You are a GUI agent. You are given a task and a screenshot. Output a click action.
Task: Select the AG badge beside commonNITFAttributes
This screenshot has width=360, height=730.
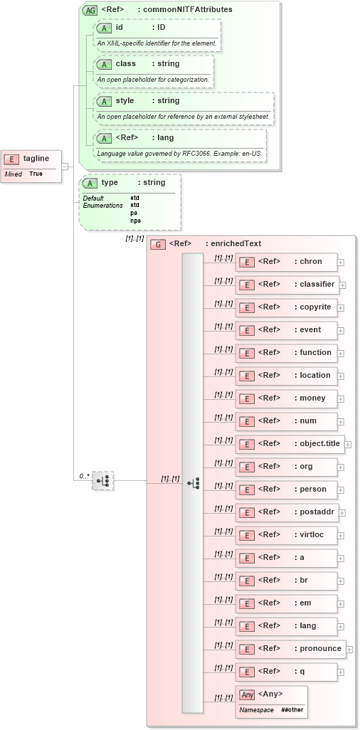click(x=90, y=10)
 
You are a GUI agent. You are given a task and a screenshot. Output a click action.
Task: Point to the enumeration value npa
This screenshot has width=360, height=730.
click(x=135, y=221)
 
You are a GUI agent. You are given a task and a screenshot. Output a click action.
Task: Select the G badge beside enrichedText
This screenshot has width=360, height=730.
click(x=158, y=244)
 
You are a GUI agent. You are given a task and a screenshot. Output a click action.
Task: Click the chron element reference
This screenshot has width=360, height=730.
click(x=286, y=262)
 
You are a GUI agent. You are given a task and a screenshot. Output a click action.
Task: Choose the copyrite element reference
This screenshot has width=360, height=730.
click(x=286, y=307)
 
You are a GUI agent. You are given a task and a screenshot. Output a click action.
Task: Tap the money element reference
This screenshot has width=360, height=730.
click(x=286, y=398)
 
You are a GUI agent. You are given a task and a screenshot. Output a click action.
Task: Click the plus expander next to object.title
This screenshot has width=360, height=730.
click(x=348, y=444)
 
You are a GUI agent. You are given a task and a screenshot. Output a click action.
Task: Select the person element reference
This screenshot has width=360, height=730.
click(x=286, y=490)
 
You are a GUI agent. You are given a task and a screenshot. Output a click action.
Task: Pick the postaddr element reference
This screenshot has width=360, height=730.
click(x=286, y=512)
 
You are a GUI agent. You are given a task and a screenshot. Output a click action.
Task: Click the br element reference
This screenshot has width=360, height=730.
click(x=286, y=581)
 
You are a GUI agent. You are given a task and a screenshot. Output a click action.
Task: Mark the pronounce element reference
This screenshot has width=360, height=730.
click(x=290, y=649)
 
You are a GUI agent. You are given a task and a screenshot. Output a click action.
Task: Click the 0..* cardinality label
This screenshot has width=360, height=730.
click(x=84, y=475)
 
